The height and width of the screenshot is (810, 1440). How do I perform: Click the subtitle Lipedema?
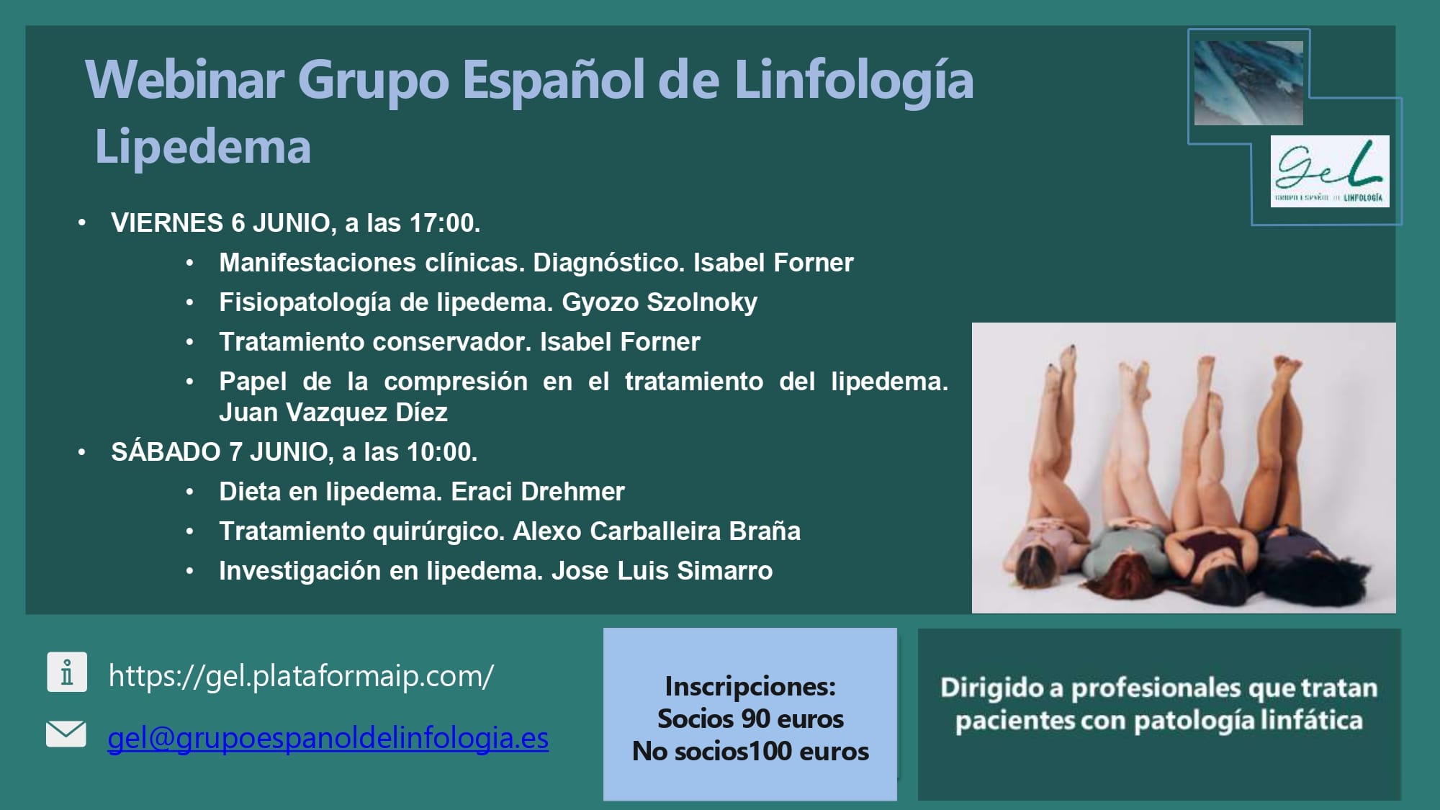tap(203, 147)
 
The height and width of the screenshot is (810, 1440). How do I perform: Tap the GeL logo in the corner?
tap(1330, 171)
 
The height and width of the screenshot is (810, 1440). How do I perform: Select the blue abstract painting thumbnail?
tap(1248, 83)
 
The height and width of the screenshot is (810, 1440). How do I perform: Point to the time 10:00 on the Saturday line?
tap(441, 452)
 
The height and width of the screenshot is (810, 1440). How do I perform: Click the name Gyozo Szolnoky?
tap(660, 302)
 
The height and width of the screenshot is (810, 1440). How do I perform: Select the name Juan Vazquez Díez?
tap(333, 413)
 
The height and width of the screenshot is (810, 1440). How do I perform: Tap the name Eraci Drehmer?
tap(538, 492)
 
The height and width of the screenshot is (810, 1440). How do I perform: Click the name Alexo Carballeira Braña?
tap(657, 531)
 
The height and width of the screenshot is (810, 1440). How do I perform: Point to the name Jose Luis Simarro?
tap(662, 571)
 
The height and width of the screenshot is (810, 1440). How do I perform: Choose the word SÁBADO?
tap(166, 451)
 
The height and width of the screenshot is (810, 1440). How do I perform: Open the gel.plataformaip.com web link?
tap(301, 676)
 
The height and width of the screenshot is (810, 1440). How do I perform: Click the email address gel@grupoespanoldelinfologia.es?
tap(328, 739)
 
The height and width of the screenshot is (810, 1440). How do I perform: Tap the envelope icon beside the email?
tap(66, 734)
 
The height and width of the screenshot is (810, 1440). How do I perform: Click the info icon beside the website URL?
tap(67, 672)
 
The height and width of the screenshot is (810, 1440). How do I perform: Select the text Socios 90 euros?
tap(750, 719)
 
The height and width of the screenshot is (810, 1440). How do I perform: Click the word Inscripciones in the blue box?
tap(750, 686)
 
